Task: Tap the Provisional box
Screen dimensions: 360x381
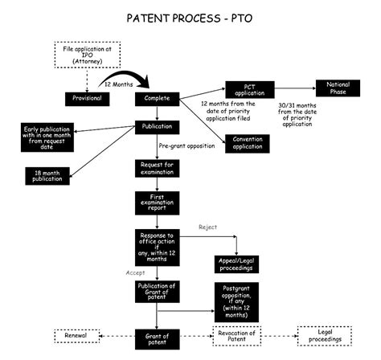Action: [x=86, y=99]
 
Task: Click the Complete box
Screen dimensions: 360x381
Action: [x=158, y=99]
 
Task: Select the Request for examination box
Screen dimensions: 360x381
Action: [x=158, y=169]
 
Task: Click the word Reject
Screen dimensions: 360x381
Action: [x=208, y=227]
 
